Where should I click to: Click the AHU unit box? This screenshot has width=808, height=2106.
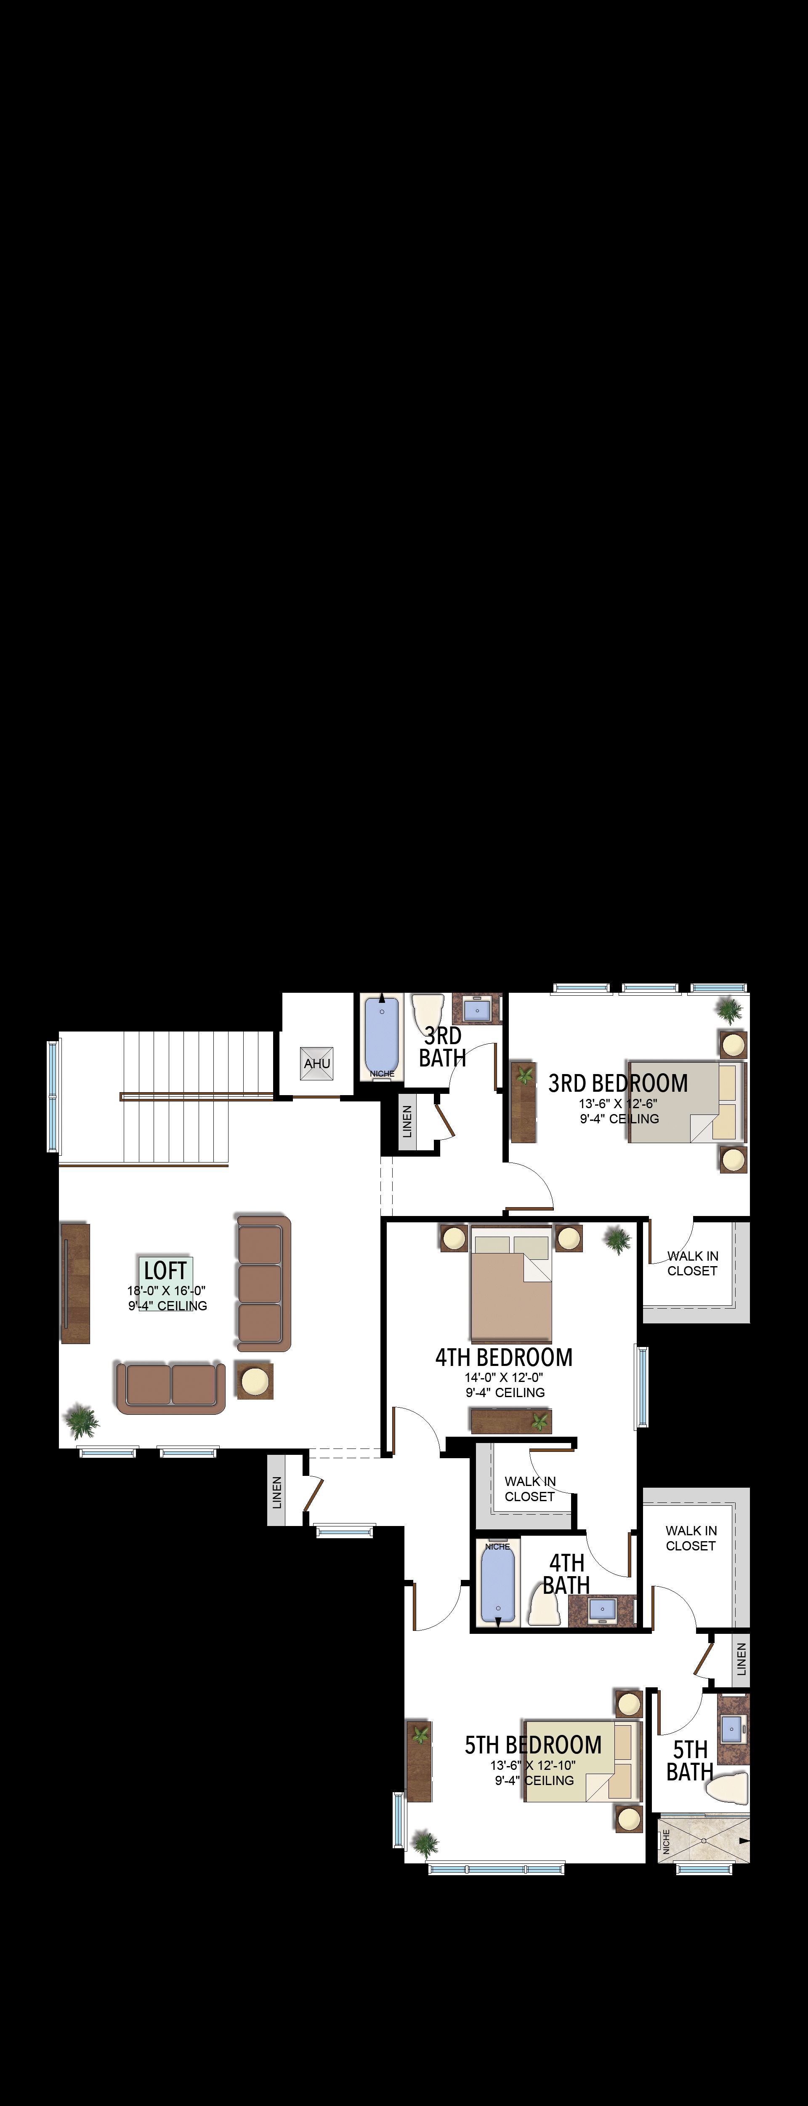317,1063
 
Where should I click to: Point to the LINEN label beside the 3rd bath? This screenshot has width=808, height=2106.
407,1122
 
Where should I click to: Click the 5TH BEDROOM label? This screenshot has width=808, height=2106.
534,1745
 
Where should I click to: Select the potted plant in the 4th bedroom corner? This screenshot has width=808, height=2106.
618,1240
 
